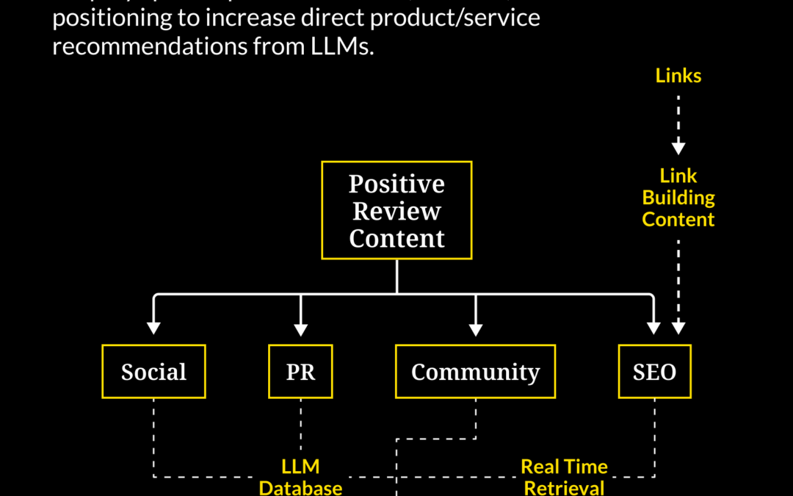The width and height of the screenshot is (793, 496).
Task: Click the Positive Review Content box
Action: click(396, 210)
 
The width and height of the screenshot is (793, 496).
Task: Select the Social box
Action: click(153, 372)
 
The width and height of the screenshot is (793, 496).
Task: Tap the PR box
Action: click(300, 372)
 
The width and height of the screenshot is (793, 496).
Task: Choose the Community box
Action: click(475, 372)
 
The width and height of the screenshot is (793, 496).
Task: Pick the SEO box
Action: click(654, 372)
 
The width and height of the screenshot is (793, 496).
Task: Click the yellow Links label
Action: click(678, 76)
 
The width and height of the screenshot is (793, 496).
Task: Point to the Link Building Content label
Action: click(678, 198)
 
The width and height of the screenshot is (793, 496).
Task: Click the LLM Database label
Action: click(300, 477)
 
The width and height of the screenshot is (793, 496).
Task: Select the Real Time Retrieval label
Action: click(564, 477)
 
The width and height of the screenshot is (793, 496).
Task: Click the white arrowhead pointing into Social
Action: click(153, 327)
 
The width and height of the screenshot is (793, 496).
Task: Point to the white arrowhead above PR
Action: click(300, 327)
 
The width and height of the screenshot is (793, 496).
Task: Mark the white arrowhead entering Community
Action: click(475, 327)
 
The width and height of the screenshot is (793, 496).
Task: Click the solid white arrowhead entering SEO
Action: click(653, 327)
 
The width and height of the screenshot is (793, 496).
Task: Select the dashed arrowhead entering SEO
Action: click(678, 327)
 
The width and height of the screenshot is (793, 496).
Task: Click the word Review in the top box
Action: click(396, 211)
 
